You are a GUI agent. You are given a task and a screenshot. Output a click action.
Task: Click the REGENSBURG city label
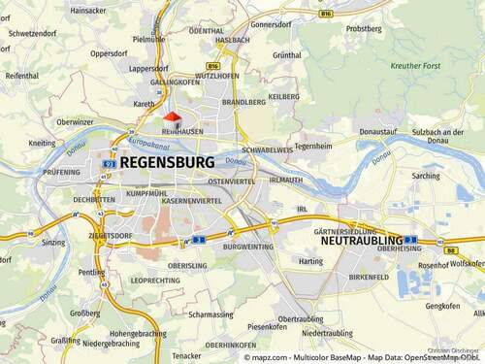click(167, 163)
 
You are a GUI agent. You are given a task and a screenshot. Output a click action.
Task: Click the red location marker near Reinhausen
click(171, 117)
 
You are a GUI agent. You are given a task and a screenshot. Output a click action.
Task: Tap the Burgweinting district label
click(246, 248)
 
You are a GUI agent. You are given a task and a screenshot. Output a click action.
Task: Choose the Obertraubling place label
click(301, 318)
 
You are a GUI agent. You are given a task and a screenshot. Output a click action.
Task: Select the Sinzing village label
click(53, 242)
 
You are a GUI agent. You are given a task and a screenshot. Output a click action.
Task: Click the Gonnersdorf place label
click(272, 24)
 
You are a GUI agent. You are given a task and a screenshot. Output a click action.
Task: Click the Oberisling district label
click(188, 265)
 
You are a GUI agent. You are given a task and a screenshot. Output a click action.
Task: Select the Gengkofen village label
click(442, 306)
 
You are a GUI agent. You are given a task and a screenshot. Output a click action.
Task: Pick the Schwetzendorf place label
click(29, 32)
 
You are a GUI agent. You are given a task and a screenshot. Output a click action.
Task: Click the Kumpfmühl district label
click(146, 194)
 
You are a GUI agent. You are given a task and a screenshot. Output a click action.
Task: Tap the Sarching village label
click(425, 176)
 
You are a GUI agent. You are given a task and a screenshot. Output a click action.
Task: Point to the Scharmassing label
click(211, 314)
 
